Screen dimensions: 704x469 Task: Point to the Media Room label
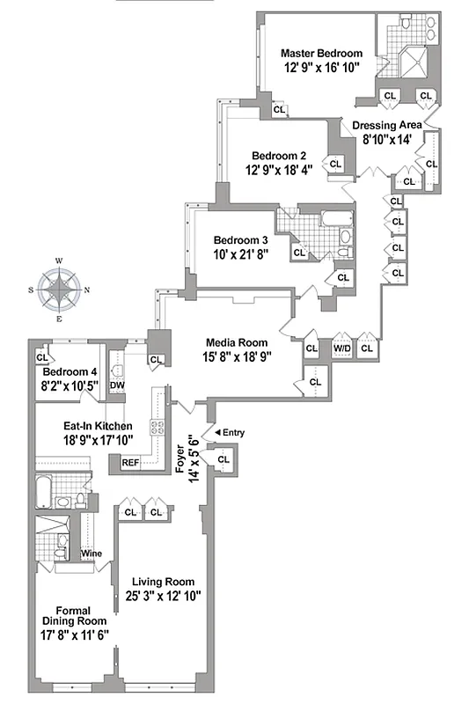231,342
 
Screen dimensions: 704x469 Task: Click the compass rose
60,290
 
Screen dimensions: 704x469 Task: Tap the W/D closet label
339,348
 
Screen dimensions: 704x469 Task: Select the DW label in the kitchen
116,385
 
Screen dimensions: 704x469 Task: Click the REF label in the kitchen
130,462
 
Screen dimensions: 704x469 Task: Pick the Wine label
91,554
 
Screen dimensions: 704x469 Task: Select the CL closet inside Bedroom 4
42,357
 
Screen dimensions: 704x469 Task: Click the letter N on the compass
86,290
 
